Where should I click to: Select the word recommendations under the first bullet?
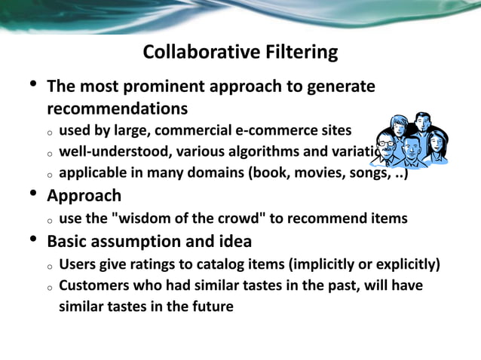point(117,108)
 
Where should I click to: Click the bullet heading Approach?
point(84,197)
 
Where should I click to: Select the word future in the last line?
point(212,307)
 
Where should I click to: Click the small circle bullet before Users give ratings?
point(48,266)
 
